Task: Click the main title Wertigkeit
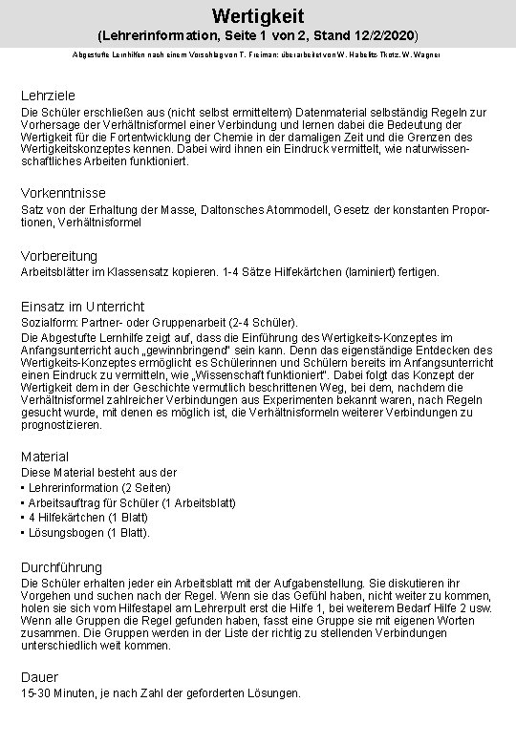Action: [257, 12]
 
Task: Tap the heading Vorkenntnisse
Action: [63, 191]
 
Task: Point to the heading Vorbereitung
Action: [61, 255]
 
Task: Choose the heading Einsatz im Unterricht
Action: [83, 307]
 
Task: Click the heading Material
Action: [45, 458]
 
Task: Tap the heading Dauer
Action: [40, 677]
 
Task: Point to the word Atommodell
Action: [329, 209]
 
